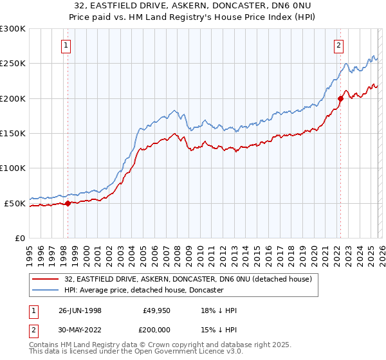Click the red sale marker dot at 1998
click(x=68, y=203)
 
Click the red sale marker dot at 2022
click(x=340, y=98)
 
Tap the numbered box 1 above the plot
click(x=68, y=45)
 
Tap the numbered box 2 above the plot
click(x=338, y=45)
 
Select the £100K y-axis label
click(x=13, y=168)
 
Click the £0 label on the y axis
click(x=19, y=238)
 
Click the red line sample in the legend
click(x=47, y=279)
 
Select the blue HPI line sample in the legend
click(x=47, y=290)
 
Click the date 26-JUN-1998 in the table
click(x=80, y=310)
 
